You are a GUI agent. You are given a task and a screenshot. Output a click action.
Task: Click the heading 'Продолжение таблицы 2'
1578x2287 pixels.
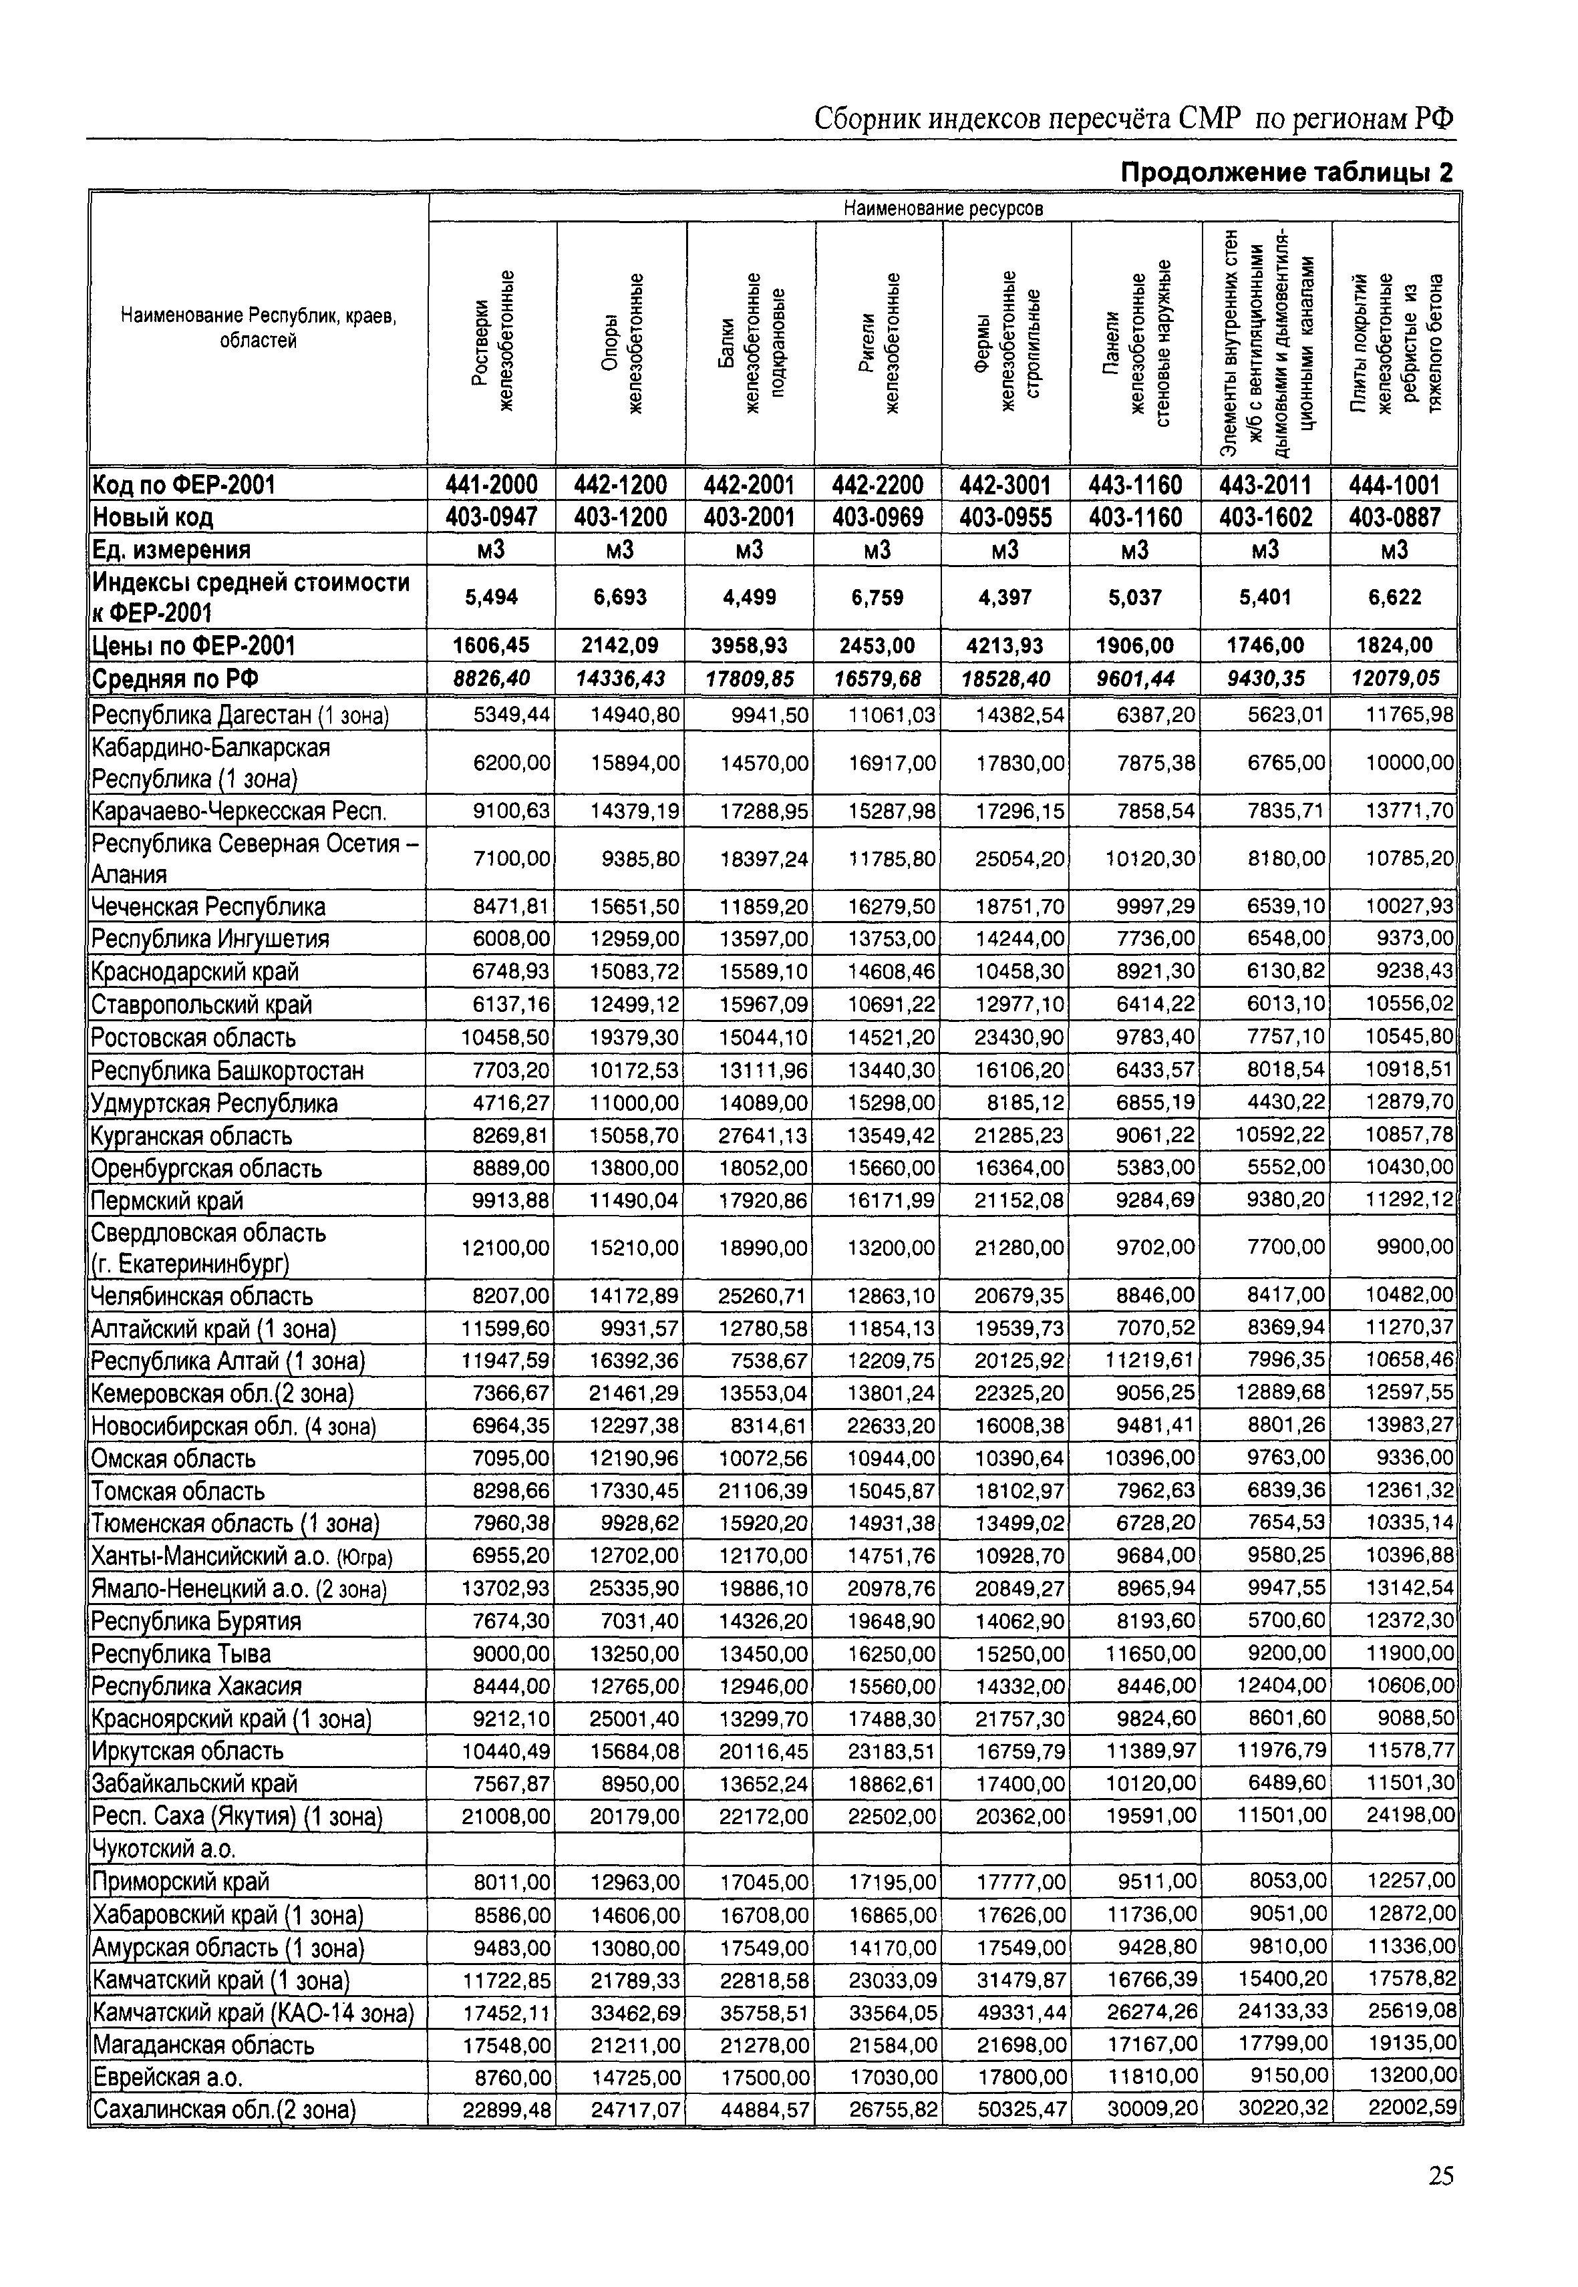point(1286,174)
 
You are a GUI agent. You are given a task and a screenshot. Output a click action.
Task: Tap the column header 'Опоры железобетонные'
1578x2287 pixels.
point(622,343)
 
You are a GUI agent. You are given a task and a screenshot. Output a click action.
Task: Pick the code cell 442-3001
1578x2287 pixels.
point(1005,486)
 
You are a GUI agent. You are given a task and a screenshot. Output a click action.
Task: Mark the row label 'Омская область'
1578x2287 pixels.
point(173,1459)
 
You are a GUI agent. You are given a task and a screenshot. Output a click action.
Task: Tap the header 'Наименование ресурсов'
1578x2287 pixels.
point(943,208)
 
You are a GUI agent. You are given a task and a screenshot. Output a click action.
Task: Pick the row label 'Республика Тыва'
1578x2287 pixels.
point(181,1654)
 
